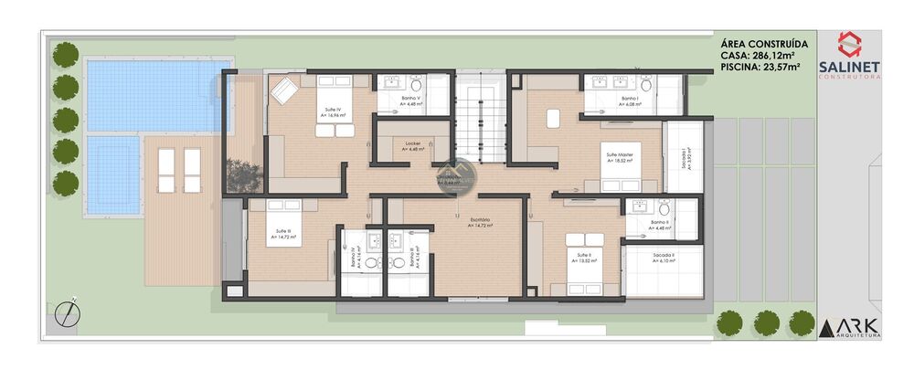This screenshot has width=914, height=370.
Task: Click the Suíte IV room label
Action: [x=333, y=110]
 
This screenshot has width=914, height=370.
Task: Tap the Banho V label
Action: [x=412, y=98]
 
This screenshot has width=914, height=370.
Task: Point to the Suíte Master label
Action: [x=620, y=156]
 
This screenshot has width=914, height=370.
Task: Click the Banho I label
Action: [x=629, y=99]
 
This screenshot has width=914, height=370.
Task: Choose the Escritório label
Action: [x=481, y=220]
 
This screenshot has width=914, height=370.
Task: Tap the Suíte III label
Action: [x=283, y=232]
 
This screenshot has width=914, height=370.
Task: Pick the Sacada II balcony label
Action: [x=664, y=257]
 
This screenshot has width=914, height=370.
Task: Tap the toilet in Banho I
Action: [x=645, y=85]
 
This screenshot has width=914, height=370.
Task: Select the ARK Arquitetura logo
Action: [x=849, y=328]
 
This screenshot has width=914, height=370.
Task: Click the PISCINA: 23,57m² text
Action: [x=760, y=67]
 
